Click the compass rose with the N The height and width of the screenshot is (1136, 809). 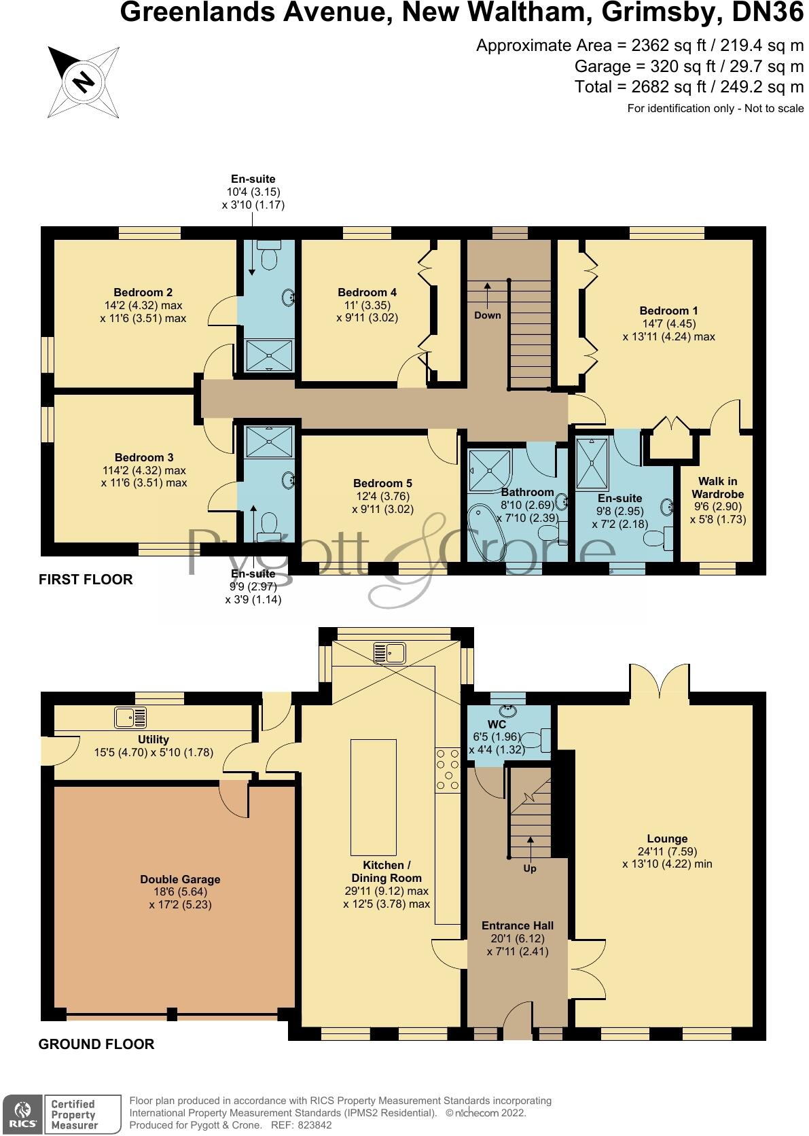tap(84, 82)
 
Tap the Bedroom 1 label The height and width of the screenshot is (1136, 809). tap(668, 311)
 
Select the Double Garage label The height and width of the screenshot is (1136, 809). tap(180, 879)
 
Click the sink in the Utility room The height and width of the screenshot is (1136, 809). tap(130, 717)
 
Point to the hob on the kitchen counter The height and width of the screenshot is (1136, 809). tap(448, 770)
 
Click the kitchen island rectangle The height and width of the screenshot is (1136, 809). tap(374, 797)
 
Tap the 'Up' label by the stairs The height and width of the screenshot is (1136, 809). tap(530, 868)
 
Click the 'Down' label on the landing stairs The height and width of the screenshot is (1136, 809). tap(488, 315)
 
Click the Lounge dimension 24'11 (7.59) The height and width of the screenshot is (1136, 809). tap(667, 851)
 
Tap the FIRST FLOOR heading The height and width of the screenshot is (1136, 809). tap(86, 580)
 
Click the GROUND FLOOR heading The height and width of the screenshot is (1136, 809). tap(96, 1044)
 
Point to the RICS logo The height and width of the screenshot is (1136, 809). tap(22, 1114)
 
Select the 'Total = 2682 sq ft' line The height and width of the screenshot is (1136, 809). tap(689, 87)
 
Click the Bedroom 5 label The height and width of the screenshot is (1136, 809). tap(382, 483)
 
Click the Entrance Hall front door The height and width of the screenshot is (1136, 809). tap(518, 1023)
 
